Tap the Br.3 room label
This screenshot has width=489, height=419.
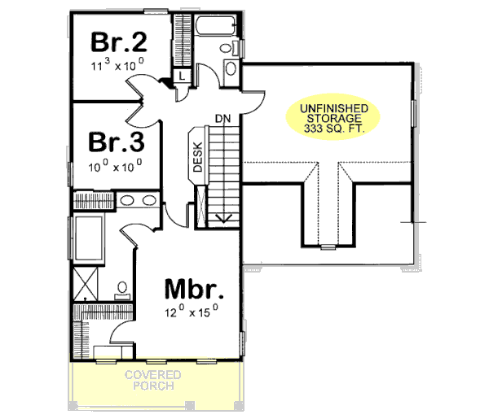(117, 142)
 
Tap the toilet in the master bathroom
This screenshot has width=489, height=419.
(121, 287)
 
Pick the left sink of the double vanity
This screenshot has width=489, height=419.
(127, 202)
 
